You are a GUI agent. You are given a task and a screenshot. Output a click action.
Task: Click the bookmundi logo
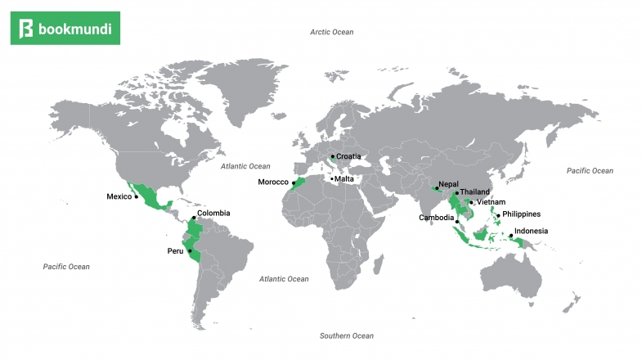click(70, 29)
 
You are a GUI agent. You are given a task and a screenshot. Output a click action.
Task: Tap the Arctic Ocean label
click(331, 32)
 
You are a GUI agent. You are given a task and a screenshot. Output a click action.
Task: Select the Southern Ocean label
click(347, 336)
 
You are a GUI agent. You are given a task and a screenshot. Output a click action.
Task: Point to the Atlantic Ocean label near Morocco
click(245, 166)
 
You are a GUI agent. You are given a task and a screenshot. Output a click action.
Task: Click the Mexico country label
click(119, 196)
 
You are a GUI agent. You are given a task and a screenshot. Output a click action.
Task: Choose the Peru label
click(176, 250)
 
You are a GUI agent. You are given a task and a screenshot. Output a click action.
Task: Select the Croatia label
click(348, 156)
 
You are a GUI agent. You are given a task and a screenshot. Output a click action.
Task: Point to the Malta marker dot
click(331, 178)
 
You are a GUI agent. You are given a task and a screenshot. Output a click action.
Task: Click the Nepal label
click(448, 184)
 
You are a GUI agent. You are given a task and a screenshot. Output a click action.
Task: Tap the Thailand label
click(475, 192)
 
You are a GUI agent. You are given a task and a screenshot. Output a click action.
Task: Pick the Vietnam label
click(492, 202)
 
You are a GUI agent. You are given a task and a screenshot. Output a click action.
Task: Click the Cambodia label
click(436, 218)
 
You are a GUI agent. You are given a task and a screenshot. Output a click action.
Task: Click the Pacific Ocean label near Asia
click(590, 171)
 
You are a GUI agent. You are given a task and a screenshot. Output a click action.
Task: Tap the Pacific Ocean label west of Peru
click(66, 267)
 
